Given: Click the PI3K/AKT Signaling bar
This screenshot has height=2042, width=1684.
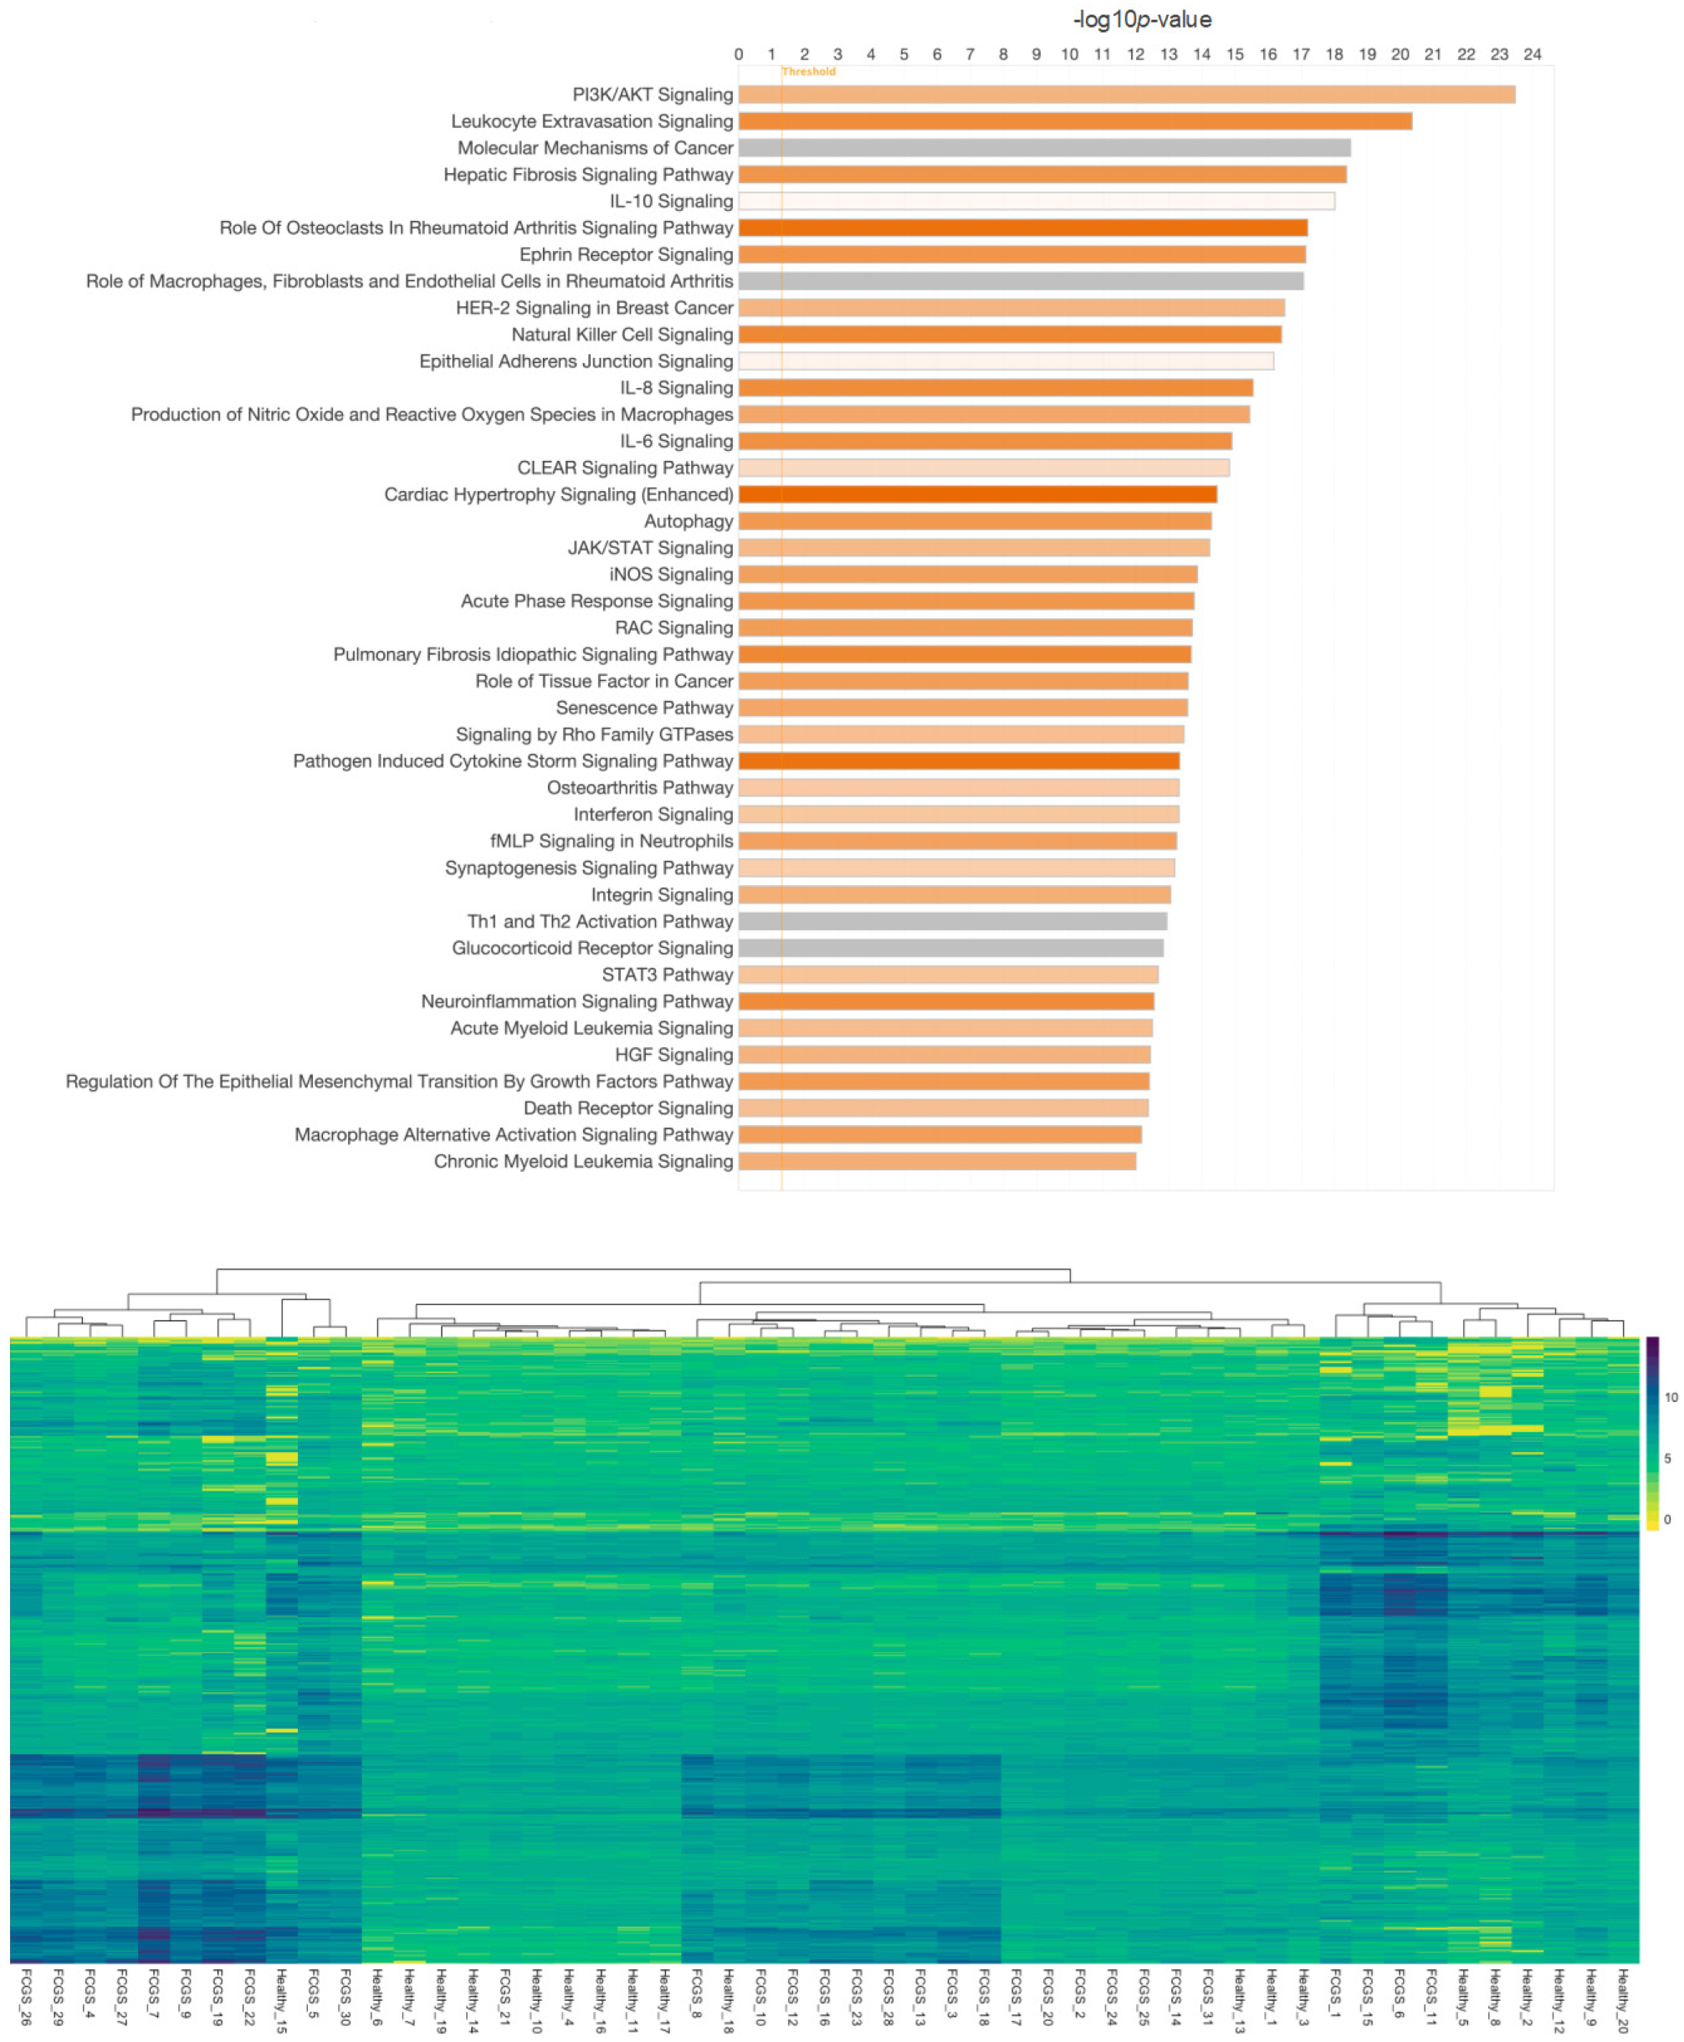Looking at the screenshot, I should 1125,94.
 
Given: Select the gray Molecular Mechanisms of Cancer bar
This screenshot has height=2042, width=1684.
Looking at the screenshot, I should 1044,147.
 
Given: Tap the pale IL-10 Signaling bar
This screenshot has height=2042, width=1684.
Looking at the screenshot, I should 1036,201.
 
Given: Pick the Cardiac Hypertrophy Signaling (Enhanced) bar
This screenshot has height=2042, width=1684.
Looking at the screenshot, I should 977,494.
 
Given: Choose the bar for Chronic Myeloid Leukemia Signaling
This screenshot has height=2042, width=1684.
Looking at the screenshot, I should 936,1161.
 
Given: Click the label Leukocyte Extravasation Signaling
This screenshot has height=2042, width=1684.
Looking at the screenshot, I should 591,121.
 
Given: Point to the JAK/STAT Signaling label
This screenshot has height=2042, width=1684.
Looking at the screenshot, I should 650,548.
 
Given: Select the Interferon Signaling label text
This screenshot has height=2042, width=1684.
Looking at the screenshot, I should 653,815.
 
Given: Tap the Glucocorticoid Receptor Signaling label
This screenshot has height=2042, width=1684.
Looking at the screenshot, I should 591,948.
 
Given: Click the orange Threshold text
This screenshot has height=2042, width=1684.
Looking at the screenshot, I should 808,72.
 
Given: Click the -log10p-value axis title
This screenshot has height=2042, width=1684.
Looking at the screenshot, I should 1142,19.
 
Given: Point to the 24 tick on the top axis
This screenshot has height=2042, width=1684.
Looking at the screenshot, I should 1532,54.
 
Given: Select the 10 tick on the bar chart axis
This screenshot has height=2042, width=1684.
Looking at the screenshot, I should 1069,54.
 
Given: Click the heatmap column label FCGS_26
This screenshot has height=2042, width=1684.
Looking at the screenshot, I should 26,1996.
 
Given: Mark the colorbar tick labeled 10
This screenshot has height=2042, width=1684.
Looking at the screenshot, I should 1671,1398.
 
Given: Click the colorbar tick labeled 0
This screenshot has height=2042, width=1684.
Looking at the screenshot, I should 1667,1519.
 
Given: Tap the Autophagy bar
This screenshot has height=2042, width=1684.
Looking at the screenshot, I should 974,521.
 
